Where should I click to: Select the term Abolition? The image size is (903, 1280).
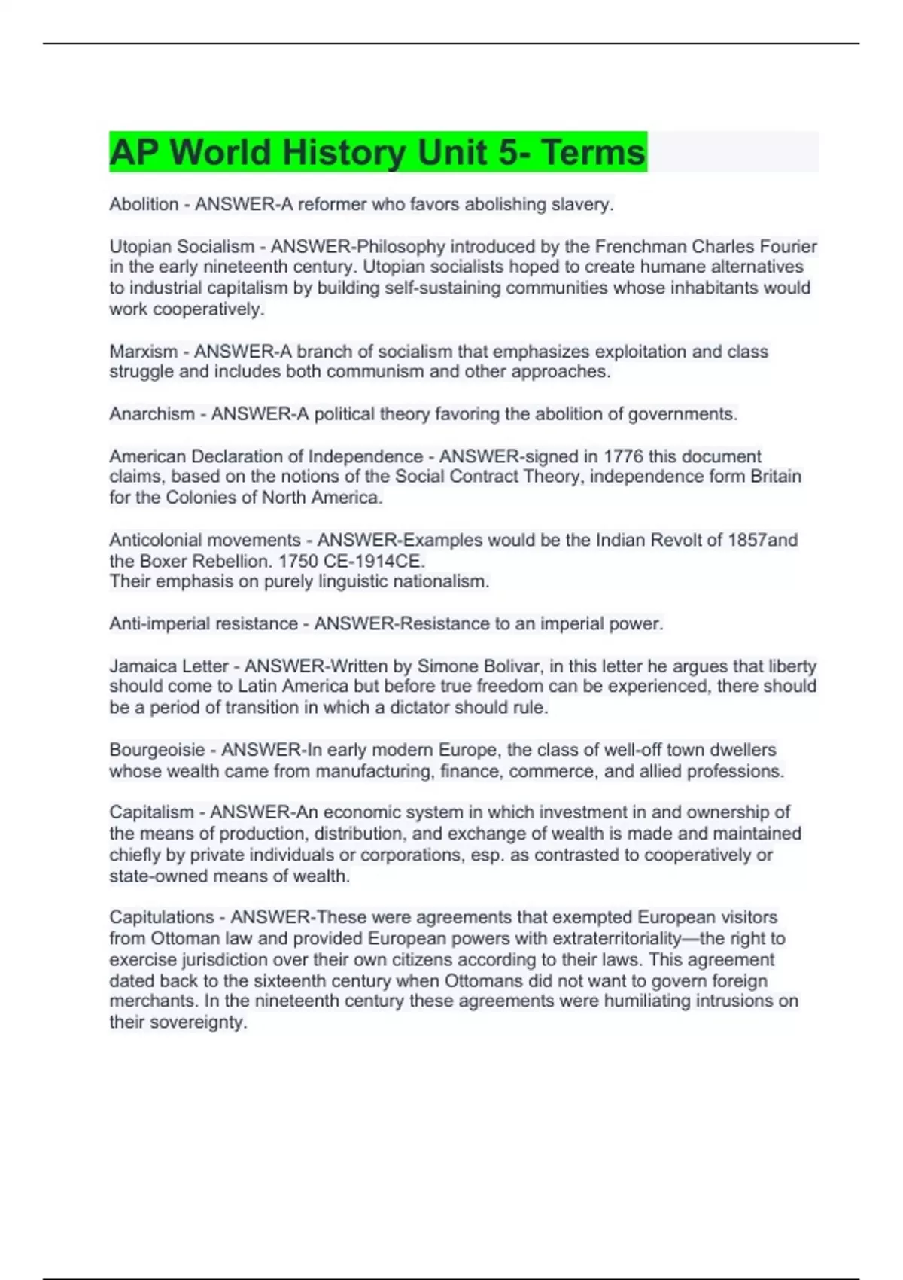(x=144, y=204)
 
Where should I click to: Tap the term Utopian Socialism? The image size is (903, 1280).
(x=181, y=246)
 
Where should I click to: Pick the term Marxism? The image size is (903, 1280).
(x=143, y=351)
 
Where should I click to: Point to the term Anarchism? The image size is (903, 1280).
(x=151, y=413)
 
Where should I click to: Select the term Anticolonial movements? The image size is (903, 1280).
(x=205, y=540)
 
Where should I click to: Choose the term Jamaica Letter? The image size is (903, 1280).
(x=169, y=666)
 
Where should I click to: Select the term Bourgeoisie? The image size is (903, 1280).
(x=157, y=750)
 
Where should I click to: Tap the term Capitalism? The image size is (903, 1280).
(x=151, y=812)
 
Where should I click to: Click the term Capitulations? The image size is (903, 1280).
(x=161, y=917)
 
